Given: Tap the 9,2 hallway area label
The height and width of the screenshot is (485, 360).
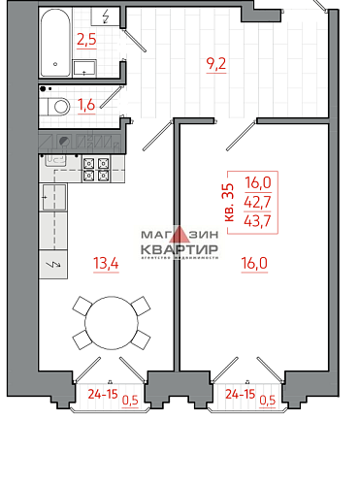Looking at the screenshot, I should (x=216, y=68).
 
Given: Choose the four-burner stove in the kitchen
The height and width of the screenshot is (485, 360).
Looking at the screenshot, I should (x=95, y=170).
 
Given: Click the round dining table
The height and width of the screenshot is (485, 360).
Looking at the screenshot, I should (x=111, y=323).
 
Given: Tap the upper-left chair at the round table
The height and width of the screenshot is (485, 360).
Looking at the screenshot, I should (x=82, y=306).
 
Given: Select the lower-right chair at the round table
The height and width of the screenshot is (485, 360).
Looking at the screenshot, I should (x=141, y=339).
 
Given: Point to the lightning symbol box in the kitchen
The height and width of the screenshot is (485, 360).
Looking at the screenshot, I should (x=52, y=264).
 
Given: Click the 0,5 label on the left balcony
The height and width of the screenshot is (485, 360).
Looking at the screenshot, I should (x=130, y=397).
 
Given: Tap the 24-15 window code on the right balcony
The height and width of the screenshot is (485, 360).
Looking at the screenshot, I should (x=240, y=395).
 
